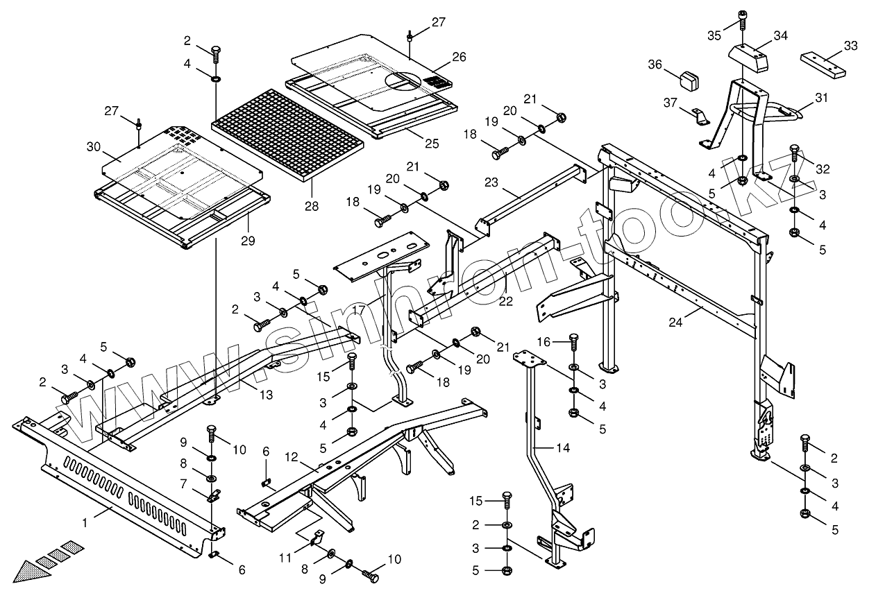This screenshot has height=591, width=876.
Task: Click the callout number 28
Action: (x=312, y=206)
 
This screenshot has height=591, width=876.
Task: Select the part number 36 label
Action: (x=655, y=64)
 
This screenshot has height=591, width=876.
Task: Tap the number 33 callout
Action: (x=851, y=46)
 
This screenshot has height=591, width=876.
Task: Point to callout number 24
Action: (x=675, y=323)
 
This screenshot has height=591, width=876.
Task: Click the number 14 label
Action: (x=563, y=448)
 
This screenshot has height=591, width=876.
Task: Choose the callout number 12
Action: (x=292, y=457)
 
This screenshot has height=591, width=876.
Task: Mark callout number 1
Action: (x=85, y=522)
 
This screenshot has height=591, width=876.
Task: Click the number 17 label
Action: (x=359, y=310)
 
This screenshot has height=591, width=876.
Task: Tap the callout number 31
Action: (x=822, y=98)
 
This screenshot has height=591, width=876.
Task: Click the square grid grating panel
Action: (x=287, y=136)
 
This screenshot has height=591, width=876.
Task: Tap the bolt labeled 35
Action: (x=742, y=20)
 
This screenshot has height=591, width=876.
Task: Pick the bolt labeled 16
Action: (x=573, y=343)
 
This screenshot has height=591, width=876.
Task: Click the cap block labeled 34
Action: (x=748, y=59)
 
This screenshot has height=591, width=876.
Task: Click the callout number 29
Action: (x=248, y=241)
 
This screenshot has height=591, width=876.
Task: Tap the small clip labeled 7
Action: (x=214, y=496)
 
